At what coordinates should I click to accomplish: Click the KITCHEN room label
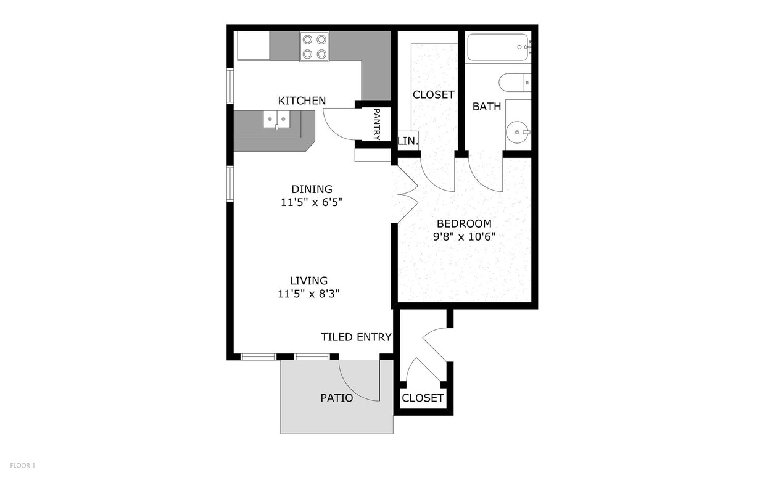(x=302, y=101)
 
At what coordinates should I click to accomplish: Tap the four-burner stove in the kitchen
(x=314, y=47)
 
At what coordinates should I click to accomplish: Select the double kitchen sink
(x=276, y=120)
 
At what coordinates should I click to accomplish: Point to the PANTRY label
(x=377, y=125)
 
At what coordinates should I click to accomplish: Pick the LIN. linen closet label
(x=408, y=141)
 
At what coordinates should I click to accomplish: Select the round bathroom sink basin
(x=517, y=132)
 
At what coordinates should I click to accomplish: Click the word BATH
(x=487, y=107)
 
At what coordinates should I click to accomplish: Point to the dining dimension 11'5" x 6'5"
(x=312, y=202)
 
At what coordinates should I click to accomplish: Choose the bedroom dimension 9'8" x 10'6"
(x=464, y=237)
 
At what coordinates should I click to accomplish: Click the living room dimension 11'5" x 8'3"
(x=308, y=294)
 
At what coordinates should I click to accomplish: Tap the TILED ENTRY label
(x=356, y=337)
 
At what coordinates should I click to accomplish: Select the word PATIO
(x=336, y=398)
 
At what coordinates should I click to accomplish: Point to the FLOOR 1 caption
(x=23, y=466)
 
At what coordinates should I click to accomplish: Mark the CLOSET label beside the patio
(x=423, y=398)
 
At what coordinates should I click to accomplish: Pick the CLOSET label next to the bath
(x=433, y=94)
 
